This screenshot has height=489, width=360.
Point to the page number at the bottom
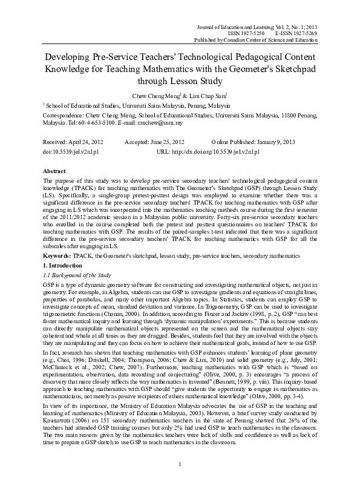pos(180,480)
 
